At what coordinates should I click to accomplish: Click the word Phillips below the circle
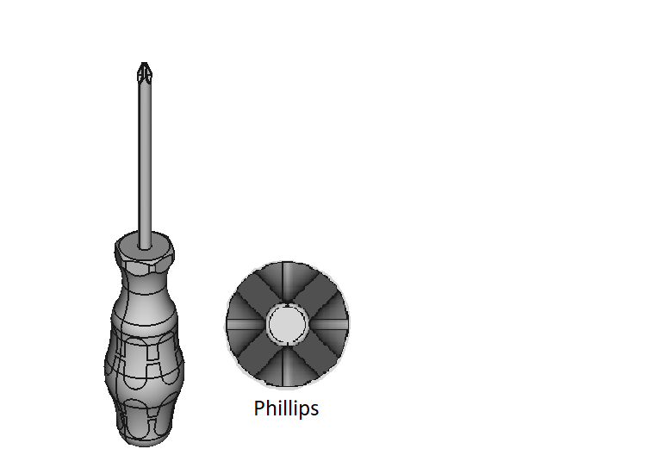286,409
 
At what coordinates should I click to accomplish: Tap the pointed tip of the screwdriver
144,66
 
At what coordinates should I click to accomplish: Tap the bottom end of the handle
144,440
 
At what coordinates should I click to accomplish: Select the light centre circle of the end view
287,324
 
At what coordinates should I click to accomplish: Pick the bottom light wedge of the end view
287,369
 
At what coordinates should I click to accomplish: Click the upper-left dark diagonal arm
258,294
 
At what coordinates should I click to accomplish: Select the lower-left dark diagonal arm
258,354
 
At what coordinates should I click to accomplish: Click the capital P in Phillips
259,409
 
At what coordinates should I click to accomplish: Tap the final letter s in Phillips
314,410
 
